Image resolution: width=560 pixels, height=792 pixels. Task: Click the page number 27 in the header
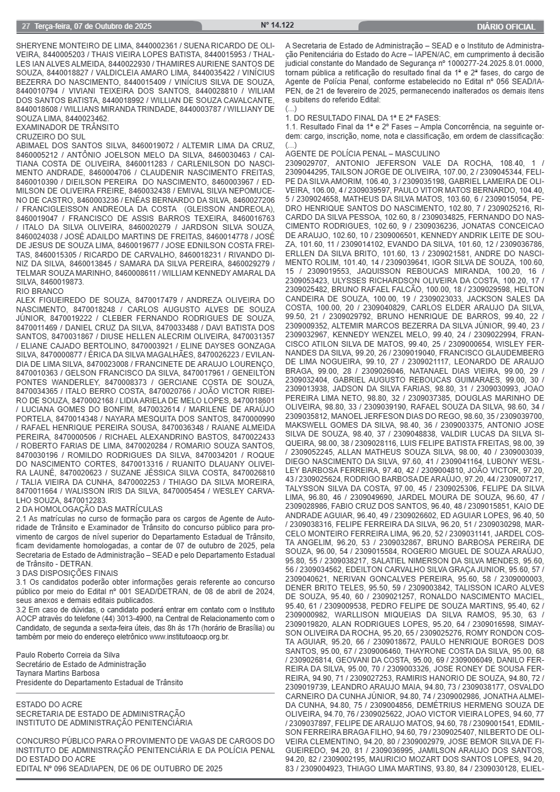point(26,26)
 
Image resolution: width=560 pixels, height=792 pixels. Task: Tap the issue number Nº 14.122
point(277,25)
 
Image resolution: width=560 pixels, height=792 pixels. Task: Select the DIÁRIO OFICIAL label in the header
point(506,27)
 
